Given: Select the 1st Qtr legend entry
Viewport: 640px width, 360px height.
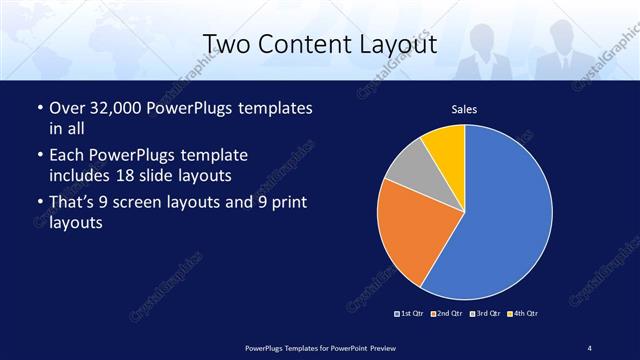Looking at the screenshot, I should coord(409,314).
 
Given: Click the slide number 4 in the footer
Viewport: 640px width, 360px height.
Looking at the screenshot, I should coord(589,347).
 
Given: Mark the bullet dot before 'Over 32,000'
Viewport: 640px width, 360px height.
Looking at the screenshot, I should coord(39,108).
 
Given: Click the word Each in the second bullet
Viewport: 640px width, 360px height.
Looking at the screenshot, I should coord(67,156).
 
